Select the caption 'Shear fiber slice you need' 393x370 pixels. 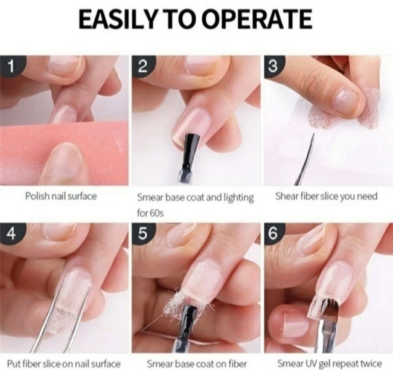326,196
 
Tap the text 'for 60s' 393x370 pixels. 150,213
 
